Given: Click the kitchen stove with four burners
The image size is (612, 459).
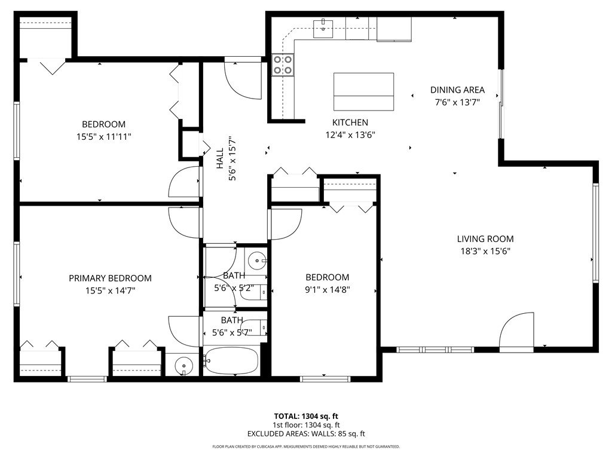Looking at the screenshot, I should tap(283, 65).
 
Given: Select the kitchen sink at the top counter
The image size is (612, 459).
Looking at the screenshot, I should tap(323, 27).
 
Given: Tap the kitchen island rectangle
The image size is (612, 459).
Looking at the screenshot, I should tap(363, 91).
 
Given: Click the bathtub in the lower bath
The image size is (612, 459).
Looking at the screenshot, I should tap(231, 361).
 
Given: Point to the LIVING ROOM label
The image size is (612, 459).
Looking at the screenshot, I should tap(485, 239).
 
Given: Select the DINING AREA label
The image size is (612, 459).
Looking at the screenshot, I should tap(457, 90).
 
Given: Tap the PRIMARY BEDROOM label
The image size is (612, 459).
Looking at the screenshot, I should tap(110, 278).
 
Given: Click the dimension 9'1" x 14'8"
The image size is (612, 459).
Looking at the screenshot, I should tap(327, 290).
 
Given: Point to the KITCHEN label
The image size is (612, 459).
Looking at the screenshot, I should tap(350, 123).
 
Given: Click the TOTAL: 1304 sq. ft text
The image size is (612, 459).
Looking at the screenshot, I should tap(306, 416).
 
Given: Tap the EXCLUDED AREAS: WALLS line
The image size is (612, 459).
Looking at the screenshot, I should tap(306, 434).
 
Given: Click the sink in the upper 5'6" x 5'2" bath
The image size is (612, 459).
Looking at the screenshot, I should tap(257, 259).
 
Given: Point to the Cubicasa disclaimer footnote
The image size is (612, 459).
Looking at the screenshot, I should tap(306, 446).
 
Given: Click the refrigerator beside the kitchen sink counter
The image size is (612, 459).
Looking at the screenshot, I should tap(394, 29).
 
